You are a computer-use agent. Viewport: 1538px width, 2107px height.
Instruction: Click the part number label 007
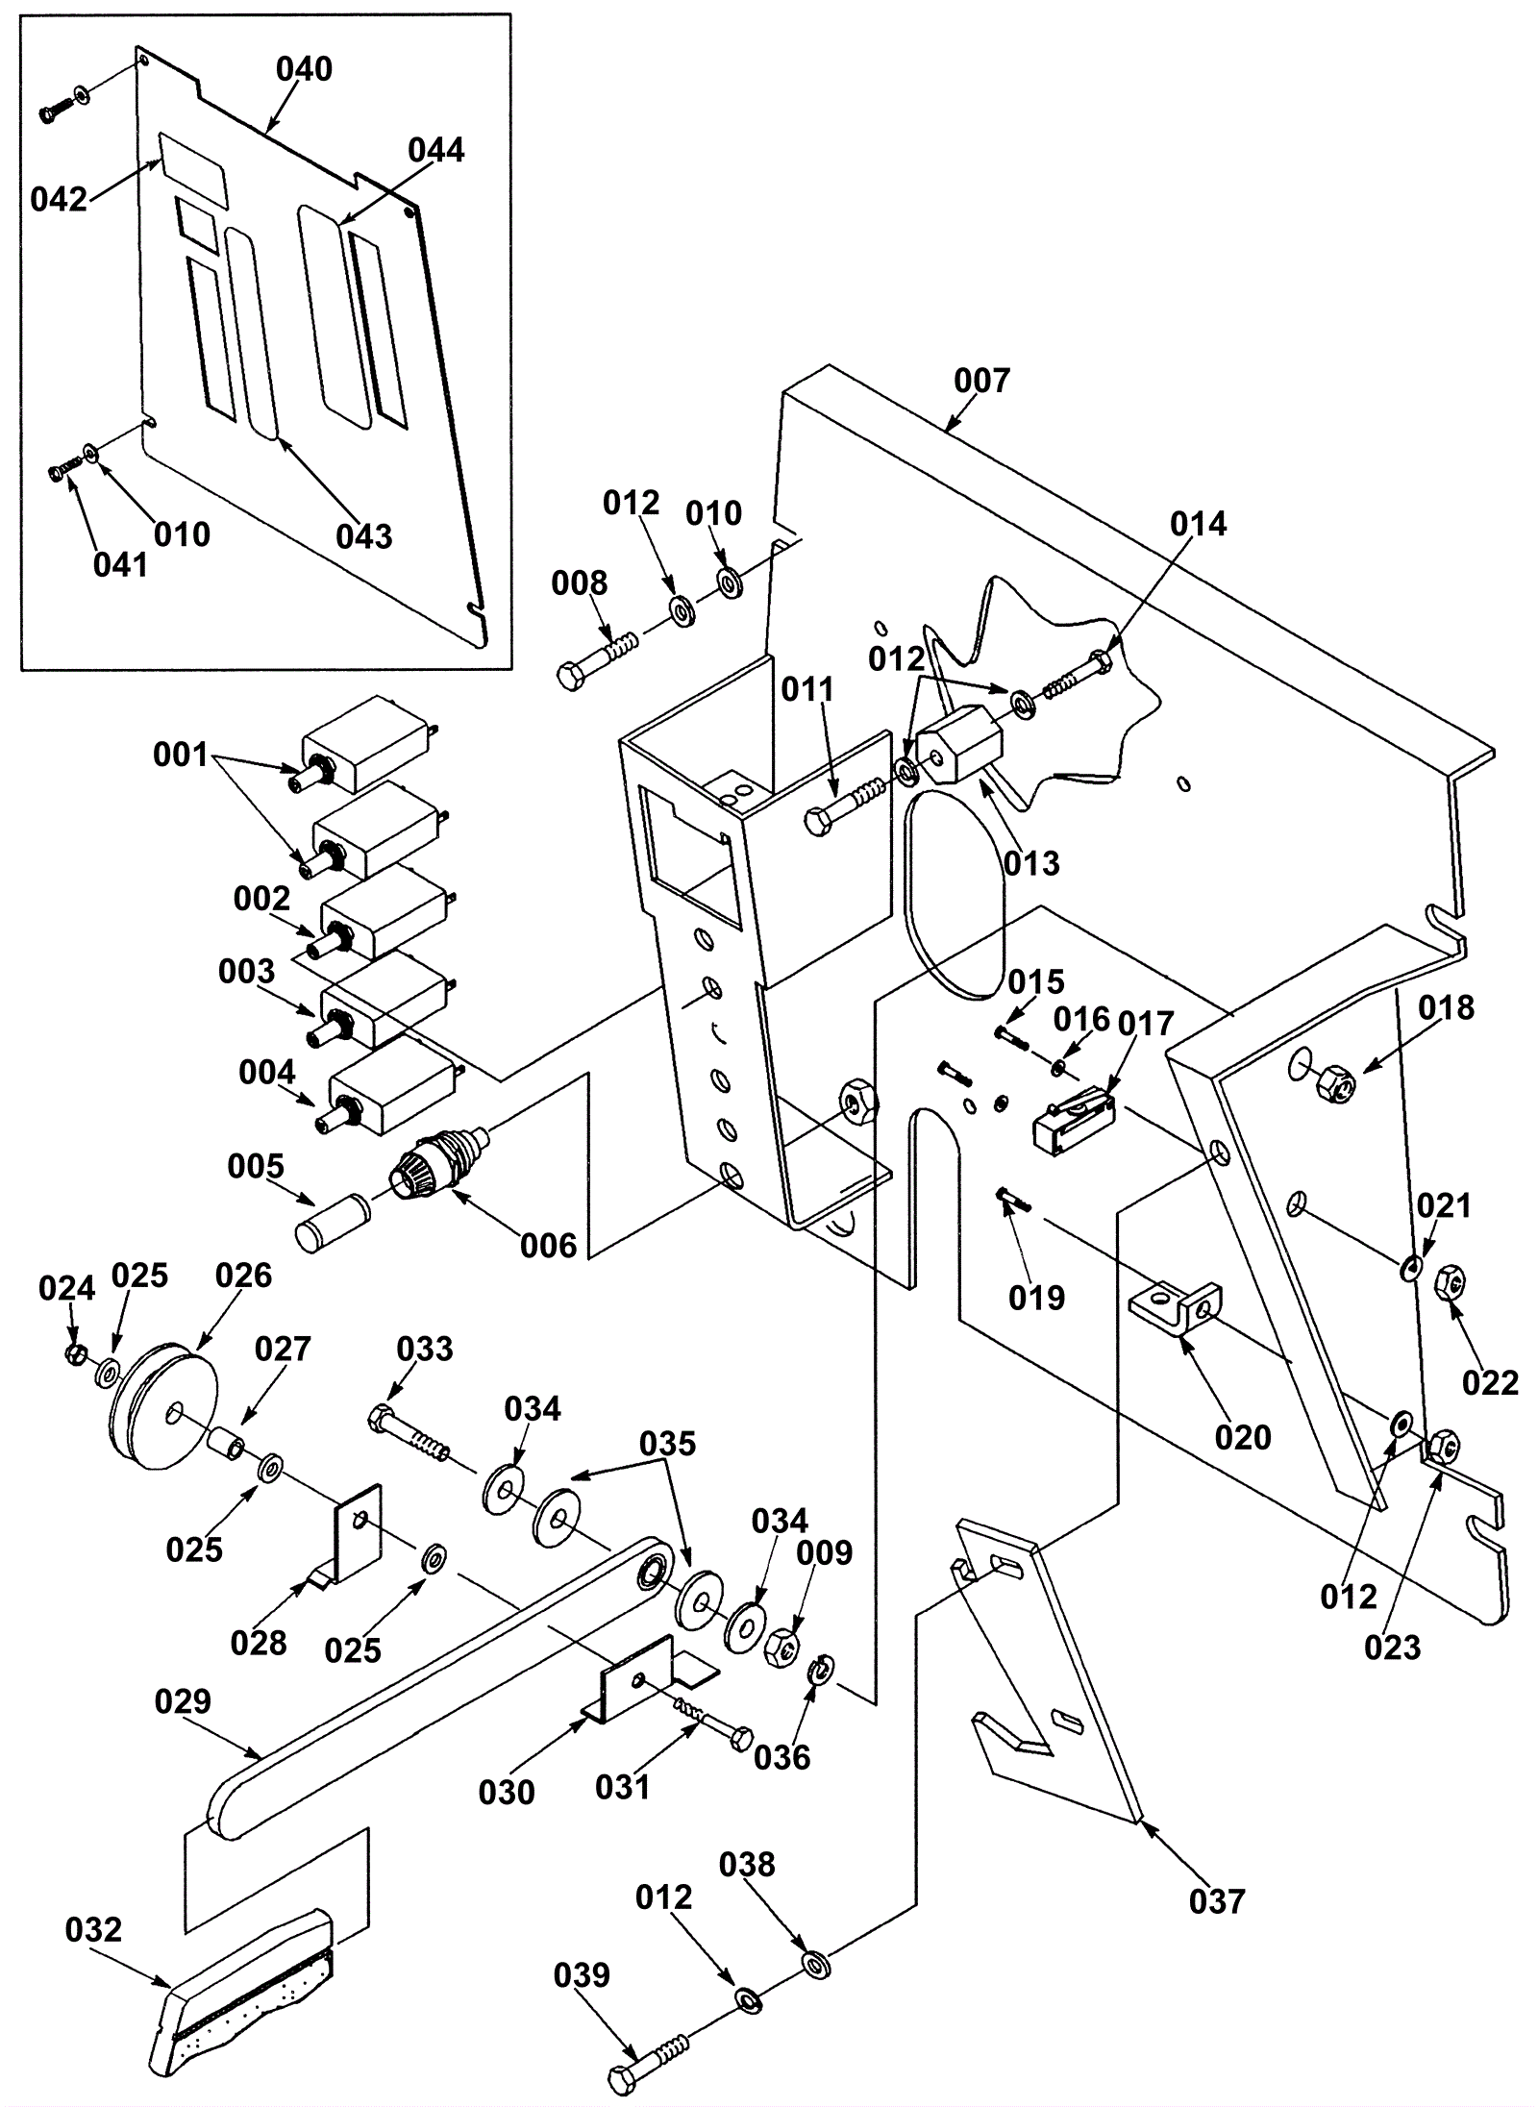pyautogui.click(x=981, y=382)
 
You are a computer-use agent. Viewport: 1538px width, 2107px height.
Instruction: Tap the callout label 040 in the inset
pyautogui.click(x=304, y=69)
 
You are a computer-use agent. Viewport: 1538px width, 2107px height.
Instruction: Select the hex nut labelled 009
pyautogui.click(x=782, y=1648)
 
